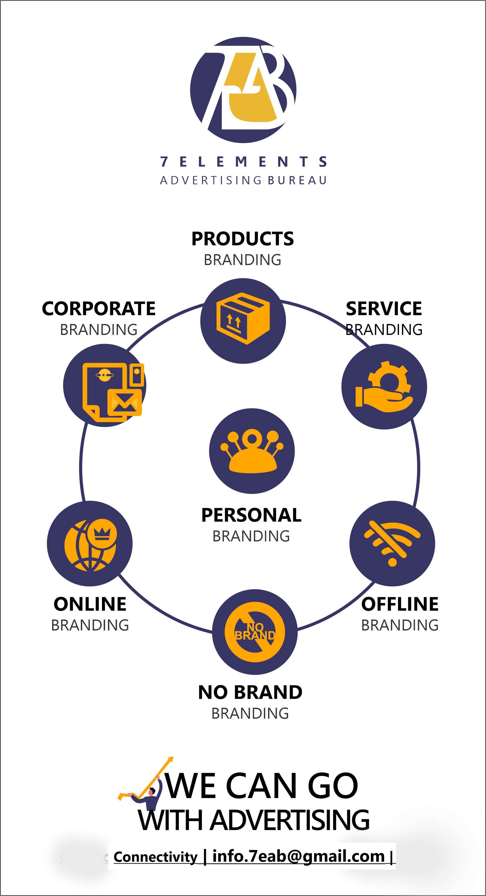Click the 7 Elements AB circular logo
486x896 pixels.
point(243,90)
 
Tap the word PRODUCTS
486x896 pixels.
point(243,239)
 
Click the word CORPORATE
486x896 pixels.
point(99,309)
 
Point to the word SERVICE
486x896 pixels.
point(384,309)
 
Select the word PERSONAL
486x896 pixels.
point(251,515)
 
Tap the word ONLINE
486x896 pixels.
point(90,604)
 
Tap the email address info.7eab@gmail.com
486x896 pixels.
point(298,856)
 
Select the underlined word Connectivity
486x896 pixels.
point(155,857)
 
